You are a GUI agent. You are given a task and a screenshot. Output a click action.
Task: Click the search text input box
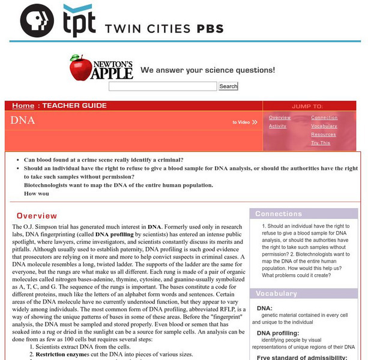pos(162,86)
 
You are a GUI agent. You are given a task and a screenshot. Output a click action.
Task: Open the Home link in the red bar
pos(23,106)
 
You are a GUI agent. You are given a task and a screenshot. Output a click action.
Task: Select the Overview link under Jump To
pos(280,118)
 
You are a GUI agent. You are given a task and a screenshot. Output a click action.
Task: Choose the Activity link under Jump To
pos(277,126)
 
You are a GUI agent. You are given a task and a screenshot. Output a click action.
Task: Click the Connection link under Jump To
pos(324,118)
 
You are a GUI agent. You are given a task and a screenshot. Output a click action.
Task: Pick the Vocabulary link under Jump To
pos(324,126)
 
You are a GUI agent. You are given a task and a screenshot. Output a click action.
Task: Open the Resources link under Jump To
pos(323,134)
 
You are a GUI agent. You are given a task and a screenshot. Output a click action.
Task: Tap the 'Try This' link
pos(321,143)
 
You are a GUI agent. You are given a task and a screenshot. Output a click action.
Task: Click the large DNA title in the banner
pos(23,121)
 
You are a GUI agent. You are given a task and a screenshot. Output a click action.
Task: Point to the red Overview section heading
pos(37,215)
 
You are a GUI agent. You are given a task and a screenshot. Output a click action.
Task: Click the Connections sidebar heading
pos(279,214)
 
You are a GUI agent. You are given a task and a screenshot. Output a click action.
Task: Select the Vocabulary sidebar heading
pos(277,293)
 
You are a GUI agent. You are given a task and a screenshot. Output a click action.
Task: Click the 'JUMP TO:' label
pos(307,106)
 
